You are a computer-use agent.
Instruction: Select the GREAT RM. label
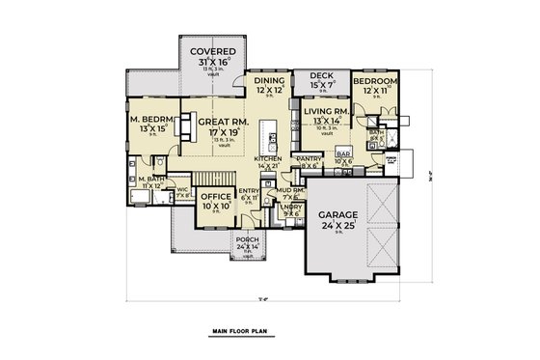point(225,124)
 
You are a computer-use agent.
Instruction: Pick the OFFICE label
point(216,199)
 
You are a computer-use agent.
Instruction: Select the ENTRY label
point(249,192)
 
